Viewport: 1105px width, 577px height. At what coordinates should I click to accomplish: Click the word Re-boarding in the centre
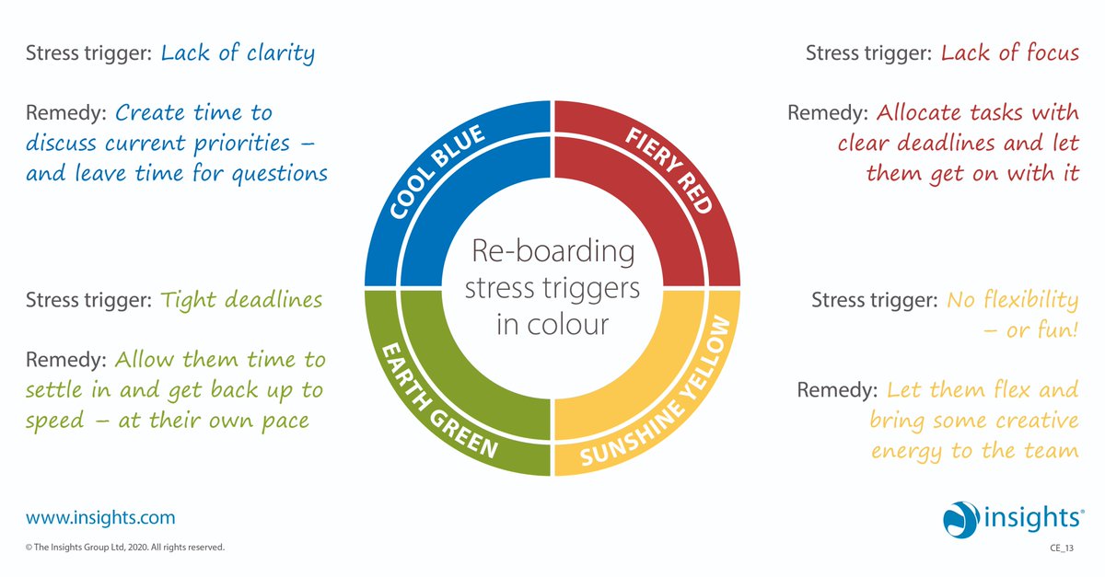(552, 251)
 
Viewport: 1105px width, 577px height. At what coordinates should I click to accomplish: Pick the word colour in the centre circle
(576, 325)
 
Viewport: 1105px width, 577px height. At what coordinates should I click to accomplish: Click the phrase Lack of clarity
(238, 52)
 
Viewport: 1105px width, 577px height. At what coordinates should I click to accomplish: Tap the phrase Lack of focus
(1009, 52)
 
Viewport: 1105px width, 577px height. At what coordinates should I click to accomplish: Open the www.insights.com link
(100, 518)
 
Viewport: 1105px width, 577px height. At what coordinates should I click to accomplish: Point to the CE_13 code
(1064, 548)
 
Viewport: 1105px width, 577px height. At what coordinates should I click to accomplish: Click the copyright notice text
(125, 548)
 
